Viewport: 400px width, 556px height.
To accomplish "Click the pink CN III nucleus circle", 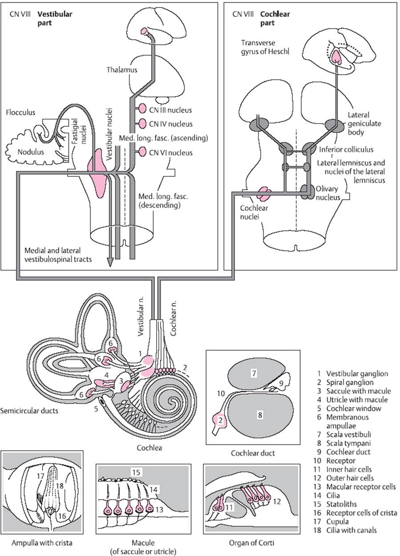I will pyautogui.click(x=142, y=108).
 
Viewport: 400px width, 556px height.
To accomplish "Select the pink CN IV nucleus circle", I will pyautogui.click(x=142, y=123).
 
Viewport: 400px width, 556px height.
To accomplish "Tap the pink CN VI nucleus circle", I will pyautogui.click(x=142, y=152).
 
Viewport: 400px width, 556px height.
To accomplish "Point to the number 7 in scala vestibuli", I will pyautogui.click(x=254, y=373).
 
